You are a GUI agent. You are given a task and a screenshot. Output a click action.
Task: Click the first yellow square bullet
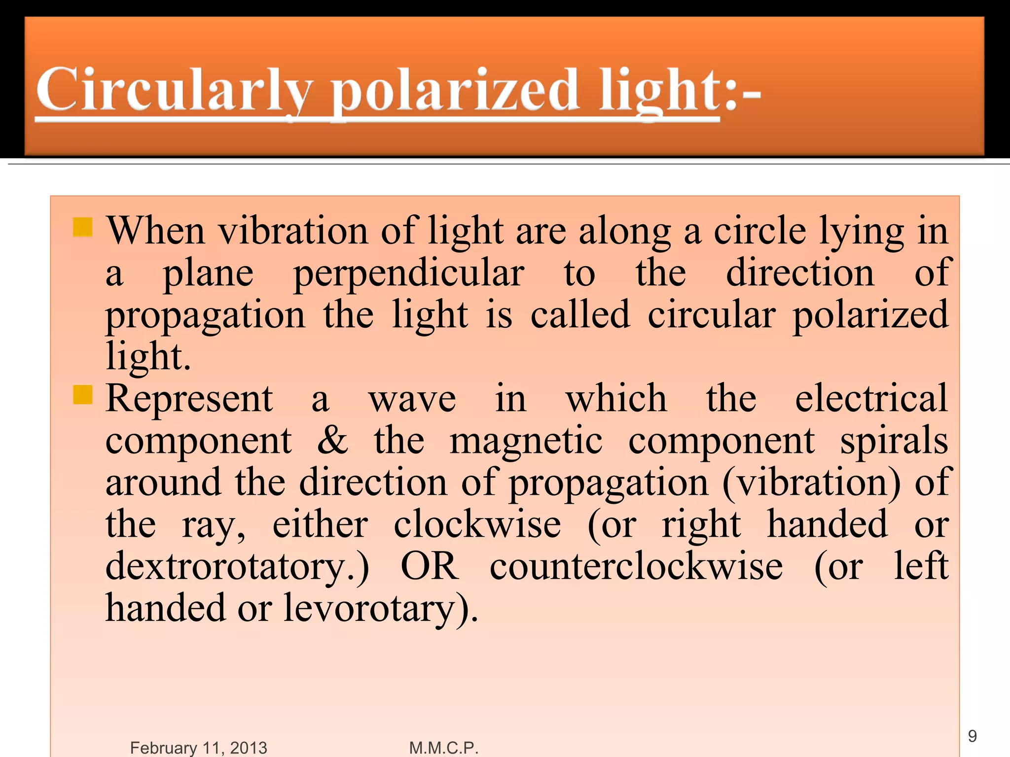83,227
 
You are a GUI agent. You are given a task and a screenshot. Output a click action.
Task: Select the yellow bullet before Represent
83,394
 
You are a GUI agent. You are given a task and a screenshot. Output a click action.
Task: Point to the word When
156,231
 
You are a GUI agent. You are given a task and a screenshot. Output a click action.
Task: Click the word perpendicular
409,274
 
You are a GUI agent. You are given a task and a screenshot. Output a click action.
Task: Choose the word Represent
189,398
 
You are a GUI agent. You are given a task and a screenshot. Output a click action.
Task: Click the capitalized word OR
430,566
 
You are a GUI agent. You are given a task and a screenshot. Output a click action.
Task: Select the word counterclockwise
636,566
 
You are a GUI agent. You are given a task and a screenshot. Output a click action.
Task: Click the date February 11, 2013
198,748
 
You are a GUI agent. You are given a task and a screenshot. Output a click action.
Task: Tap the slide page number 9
972,736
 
